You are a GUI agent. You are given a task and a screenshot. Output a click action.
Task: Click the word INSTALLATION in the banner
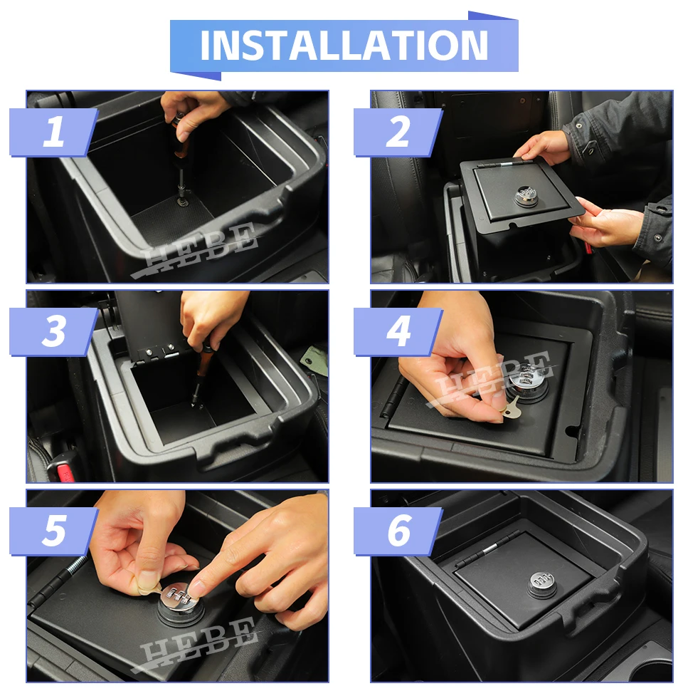[x=344, y=46]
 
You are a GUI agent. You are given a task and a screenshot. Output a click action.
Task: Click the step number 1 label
[x=53, y=132]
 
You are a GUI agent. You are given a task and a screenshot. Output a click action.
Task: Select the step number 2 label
[x=398, y=132]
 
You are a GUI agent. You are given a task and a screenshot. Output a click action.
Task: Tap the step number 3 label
[x=53, y=331]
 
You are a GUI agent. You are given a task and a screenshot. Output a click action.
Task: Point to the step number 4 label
[x=398, y=331]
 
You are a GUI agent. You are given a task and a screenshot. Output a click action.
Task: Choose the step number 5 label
[x=53, y=531]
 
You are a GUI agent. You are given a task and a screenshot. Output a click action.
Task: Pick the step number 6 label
[x=398, y=531]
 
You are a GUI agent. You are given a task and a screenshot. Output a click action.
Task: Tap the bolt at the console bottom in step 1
[x=181, y=202]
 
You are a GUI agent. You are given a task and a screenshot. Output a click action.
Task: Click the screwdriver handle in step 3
[x=203, y=359]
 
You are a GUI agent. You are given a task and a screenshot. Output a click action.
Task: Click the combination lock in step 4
[x=526, y=380]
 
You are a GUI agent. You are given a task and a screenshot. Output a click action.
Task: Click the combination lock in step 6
[x=542, y=585]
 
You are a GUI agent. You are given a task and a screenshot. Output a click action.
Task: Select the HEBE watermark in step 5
[x=196, y=645]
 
